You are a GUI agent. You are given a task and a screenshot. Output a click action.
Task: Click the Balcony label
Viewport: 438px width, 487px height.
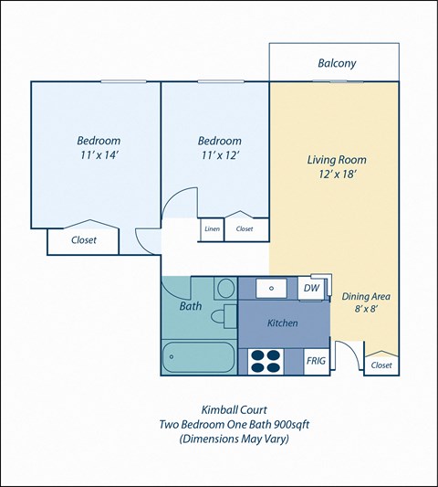click(x=337, y=64)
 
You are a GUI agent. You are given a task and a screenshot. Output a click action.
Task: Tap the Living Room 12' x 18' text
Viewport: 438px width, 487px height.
click(x=336, y=168)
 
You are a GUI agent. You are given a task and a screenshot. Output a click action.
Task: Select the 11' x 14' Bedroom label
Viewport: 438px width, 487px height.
click(x=98, y=150)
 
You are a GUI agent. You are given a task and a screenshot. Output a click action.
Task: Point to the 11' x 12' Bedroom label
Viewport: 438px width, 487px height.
click(x=220, y=150)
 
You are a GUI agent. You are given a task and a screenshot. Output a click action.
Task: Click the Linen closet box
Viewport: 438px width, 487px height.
click(x=212, y=229)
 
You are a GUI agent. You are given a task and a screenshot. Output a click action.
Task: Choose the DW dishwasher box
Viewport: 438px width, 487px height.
click(x=311, y=288)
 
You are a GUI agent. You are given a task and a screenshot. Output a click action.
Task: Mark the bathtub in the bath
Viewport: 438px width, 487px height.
click(x=196, y=357)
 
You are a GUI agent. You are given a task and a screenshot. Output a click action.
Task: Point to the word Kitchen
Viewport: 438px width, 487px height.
click(x=283, y=323)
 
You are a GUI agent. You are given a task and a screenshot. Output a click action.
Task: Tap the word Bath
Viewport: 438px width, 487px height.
click(x=190, y=306)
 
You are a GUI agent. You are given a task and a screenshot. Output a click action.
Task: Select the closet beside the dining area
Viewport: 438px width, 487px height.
click(x=381, y=364)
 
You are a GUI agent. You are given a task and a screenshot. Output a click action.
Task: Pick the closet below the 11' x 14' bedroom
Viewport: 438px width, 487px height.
click(x=83, y=240)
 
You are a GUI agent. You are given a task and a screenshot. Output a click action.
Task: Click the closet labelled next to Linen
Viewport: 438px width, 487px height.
click(x=245, y=229)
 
